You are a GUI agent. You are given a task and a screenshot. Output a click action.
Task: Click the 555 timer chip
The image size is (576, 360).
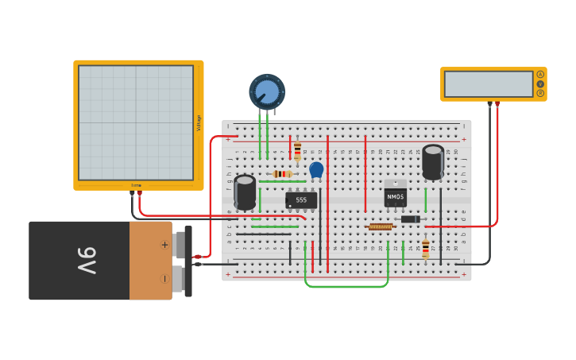coord(301,200)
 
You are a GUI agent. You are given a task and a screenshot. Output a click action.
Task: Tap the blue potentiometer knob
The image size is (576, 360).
coord(267,92)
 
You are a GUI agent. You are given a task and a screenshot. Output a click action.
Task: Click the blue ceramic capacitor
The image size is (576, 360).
coord(316,169)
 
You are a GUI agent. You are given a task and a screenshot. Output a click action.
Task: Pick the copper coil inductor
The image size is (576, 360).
coord(381,226)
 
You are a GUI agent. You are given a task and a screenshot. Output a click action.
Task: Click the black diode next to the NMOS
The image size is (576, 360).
coord(410,219)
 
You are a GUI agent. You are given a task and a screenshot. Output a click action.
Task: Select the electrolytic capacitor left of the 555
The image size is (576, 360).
coord(245,192)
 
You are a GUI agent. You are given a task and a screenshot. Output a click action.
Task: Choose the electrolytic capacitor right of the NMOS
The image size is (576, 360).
coord(433,161)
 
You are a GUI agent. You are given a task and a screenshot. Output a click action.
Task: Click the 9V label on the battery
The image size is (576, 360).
coord(87,260)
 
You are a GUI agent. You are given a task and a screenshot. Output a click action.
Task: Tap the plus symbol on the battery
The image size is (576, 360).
coord(164,245)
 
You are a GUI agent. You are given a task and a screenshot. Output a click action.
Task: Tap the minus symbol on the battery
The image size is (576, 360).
coord(164,279)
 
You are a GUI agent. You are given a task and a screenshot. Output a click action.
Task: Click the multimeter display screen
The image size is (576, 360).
coord(489,83)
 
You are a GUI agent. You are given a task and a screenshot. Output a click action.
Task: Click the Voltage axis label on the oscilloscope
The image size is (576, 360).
coord(199,123)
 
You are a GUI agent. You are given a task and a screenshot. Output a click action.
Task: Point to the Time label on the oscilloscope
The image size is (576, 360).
coord(136,185)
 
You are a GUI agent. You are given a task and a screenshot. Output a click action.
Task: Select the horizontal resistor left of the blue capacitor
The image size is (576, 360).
coord(282,174)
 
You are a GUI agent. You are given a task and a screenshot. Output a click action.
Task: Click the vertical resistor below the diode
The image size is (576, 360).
coord(425,249)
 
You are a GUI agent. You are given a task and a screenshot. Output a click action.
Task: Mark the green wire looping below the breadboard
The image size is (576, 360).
coord(346,285)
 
